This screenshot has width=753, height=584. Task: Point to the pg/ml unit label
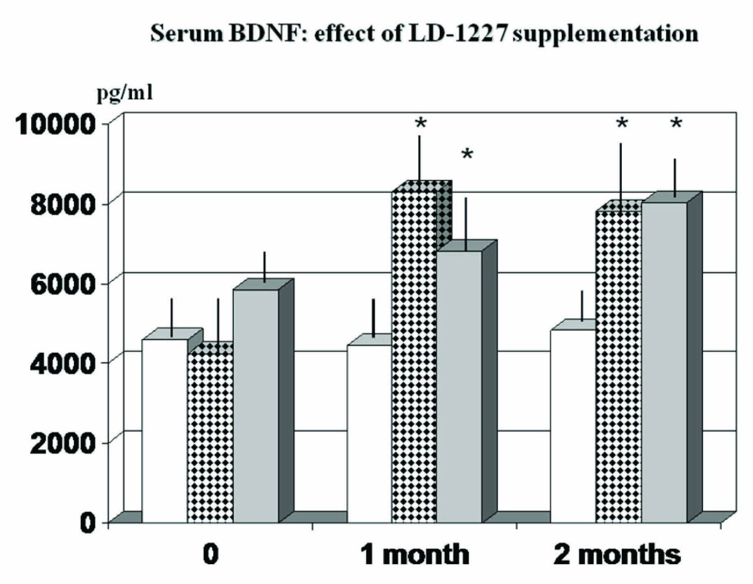[x=125, y=93]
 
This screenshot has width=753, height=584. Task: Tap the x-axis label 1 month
[x=414, y=554]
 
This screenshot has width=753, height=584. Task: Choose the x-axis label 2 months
[x=617, y=554]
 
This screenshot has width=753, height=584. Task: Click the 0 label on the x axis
[x=211, y=554]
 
